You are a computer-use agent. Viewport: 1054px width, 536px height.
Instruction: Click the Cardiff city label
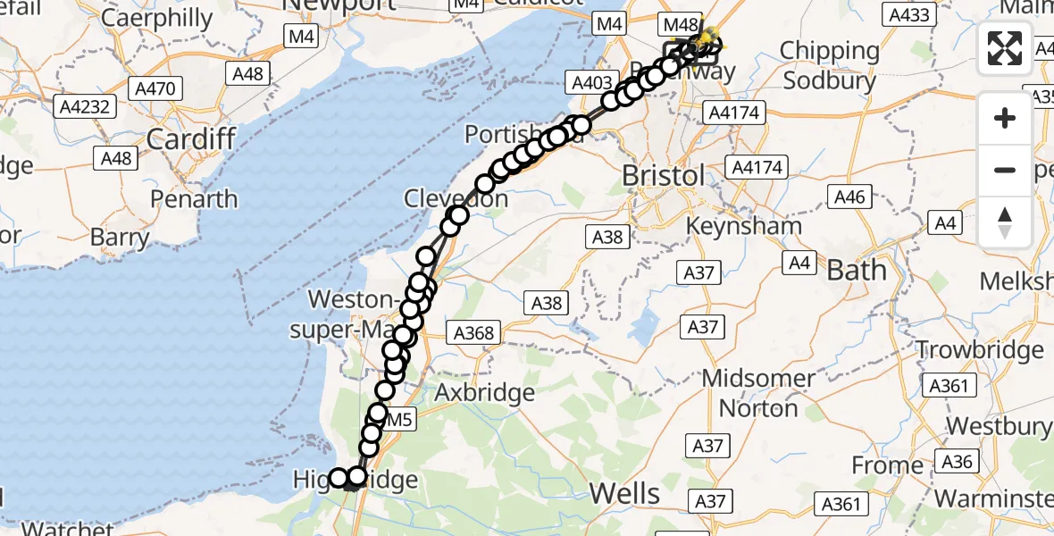click(x=190, y=138)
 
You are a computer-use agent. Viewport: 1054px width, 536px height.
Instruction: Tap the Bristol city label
click(x=663, y=175)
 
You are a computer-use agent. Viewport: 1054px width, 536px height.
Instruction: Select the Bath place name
click(x=857, y=269)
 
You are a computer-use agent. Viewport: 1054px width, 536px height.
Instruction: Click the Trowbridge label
click(x=980, y=349)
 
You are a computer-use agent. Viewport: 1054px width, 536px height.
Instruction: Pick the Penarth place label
click(x=194, y=197)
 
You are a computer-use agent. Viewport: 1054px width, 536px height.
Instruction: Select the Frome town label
click(x=887, y=465)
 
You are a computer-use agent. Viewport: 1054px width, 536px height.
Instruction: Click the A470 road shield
click(x=156, y=88)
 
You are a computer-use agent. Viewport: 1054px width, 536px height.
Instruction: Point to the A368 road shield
click(x=473, y=333)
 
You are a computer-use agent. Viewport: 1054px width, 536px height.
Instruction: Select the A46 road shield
click(x=849, y=197)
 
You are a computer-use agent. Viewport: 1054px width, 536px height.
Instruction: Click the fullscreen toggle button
click(x=1005, y=48)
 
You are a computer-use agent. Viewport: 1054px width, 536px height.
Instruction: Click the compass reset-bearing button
click(x=1005, y=222)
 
